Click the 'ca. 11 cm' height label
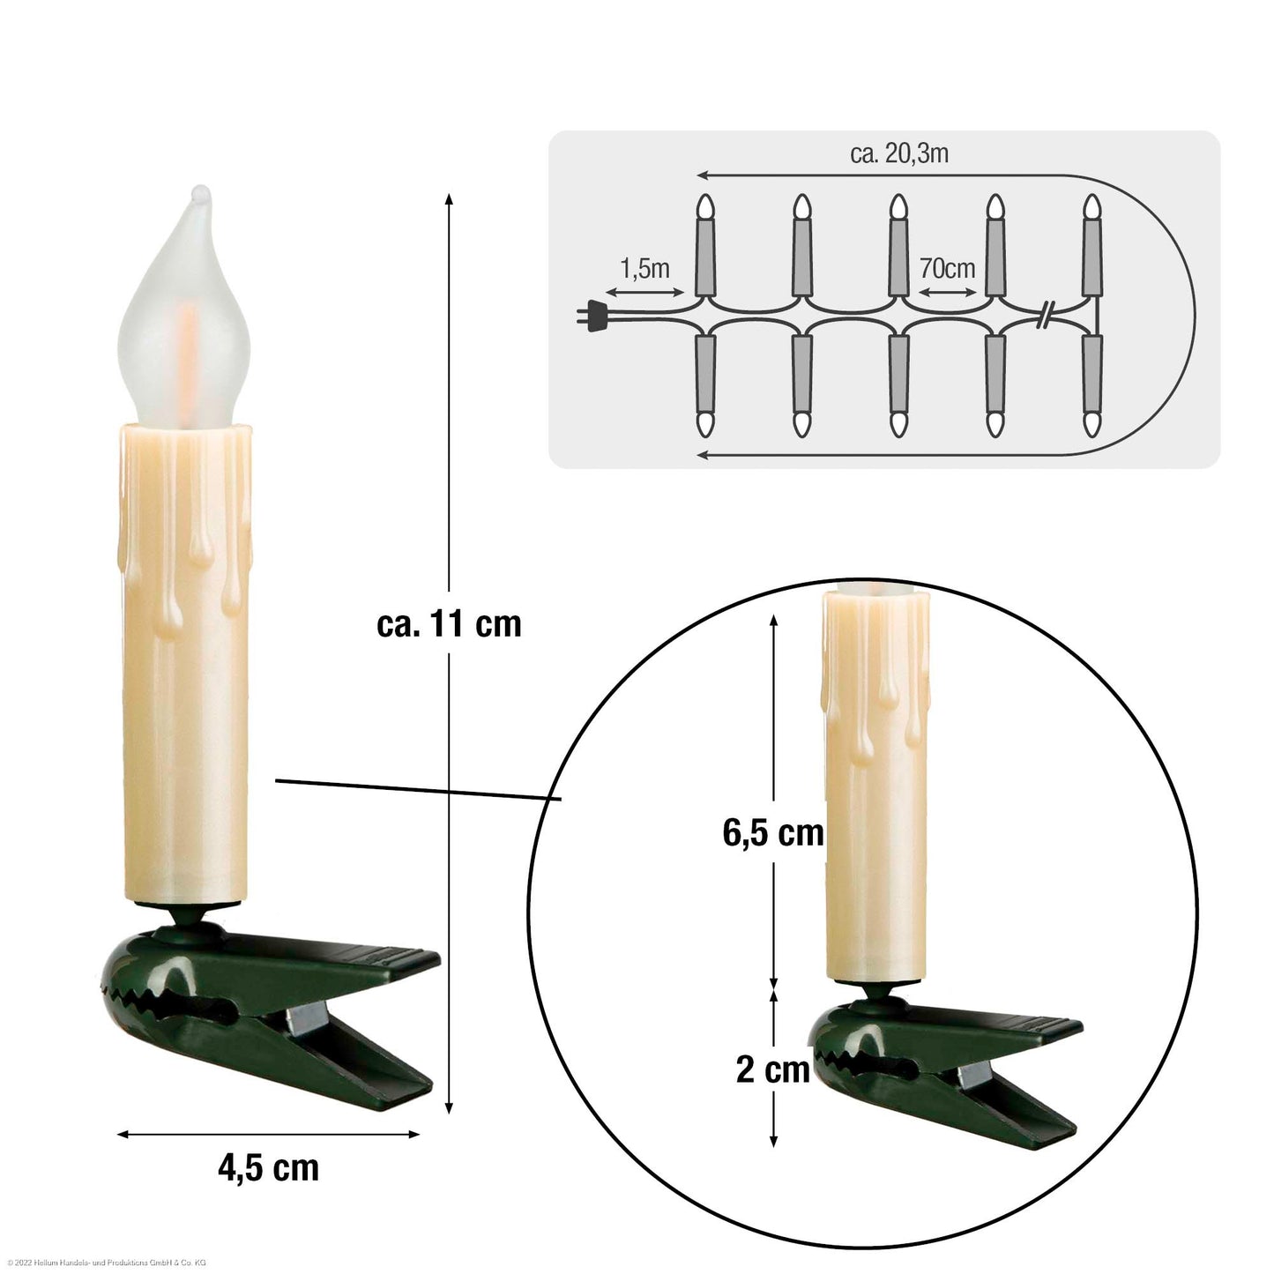[x=449, y=624]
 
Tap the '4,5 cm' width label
[x=268, y=1167]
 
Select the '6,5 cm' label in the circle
[x=773, y=833]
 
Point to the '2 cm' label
[x=772, y=1069]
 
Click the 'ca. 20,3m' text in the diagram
[x=899, y=153]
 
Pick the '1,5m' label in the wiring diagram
[x=644, y=268]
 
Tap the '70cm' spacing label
[x=947, y=268]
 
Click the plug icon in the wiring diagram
[x=592, y=316]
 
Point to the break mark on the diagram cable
[x=1045, y=315]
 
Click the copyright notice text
[x=106, y=1263]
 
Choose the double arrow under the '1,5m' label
[x=645, y=292]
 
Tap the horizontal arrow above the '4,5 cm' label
[x=268, y=1135]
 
